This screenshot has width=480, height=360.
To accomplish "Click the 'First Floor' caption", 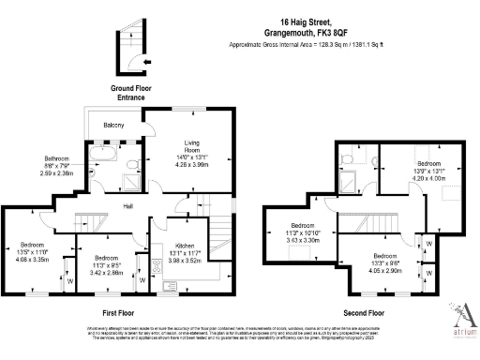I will (x=123, y=311).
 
